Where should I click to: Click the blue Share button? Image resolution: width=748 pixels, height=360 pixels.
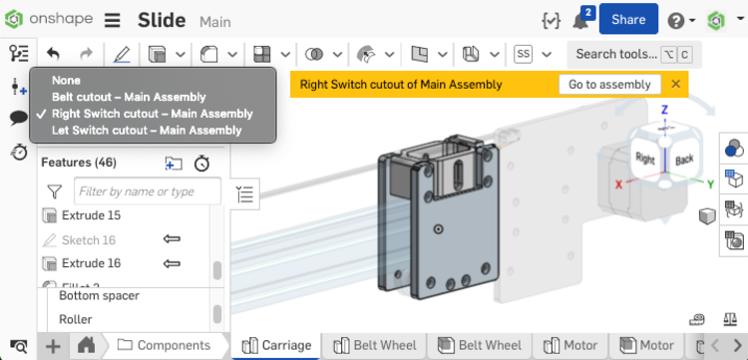tap(628, 19)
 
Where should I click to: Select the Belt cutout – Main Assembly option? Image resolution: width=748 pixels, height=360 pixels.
tap(129, 97)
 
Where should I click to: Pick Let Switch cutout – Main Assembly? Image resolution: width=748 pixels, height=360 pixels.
tap(133, 130)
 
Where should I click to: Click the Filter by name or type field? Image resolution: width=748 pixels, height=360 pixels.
tap(148, 191)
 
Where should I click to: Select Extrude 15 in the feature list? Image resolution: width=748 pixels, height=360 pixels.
tap(91, 215)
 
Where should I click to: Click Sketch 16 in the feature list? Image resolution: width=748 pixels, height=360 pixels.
tap(88, 240)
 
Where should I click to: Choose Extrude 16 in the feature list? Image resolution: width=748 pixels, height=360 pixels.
tap(91, 263)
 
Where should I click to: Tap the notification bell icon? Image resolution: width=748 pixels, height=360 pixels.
tap(580, 20)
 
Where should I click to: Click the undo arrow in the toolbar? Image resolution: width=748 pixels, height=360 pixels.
tap(54, 54)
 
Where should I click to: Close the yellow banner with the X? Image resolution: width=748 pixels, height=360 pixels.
tap(676, 85)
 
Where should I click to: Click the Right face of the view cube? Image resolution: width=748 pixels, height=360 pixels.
tap(645, 158)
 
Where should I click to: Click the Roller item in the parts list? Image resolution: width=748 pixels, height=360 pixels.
tap(76, 320)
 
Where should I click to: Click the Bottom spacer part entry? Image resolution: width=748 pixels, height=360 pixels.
tap(99, 296)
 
